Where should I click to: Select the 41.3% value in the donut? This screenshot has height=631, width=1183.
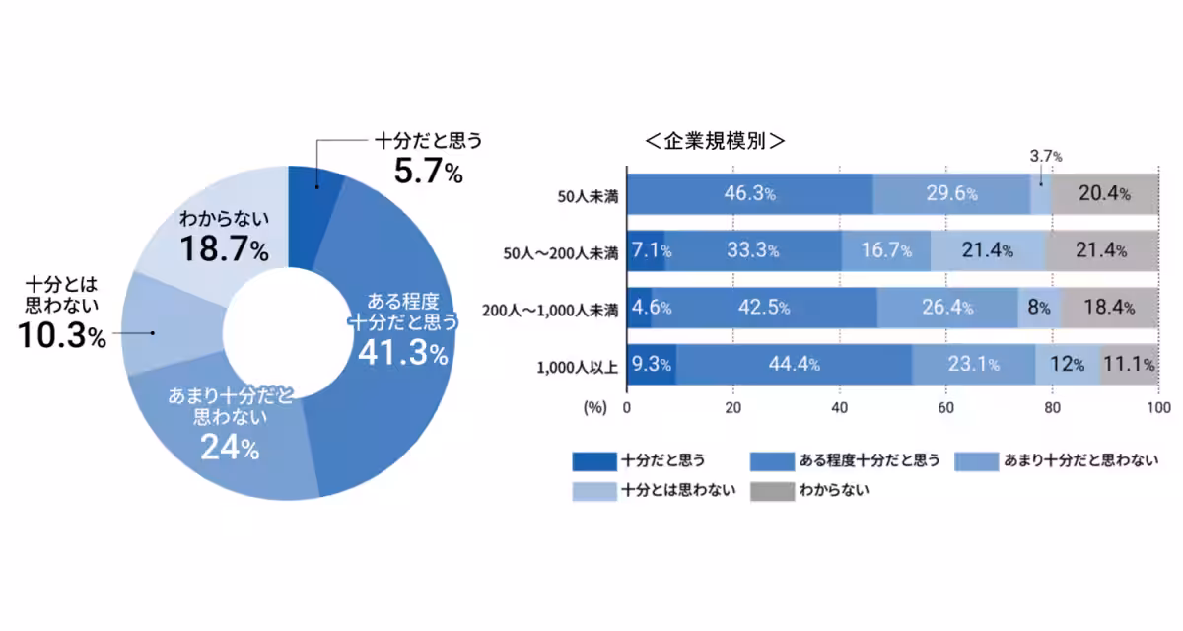402,352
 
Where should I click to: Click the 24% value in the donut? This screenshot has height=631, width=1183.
230,448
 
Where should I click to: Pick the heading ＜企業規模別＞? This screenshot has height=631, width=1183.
714,141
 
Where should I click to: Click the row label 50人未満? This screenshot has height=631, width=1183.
589,195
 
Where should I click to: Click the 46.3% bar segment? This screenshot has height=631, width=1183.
750,194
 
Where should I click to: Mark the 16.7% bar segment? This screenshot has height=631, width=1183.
885,251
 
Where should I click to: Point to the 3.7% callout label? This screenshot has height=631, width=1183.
1045,156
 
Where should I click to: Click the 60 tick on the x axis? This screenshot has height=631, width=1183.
945,406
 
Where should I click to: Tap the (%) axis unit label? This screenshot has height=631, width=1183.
595,406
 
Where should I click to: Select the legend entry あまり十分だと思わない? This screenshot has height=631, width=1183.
1079,460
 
